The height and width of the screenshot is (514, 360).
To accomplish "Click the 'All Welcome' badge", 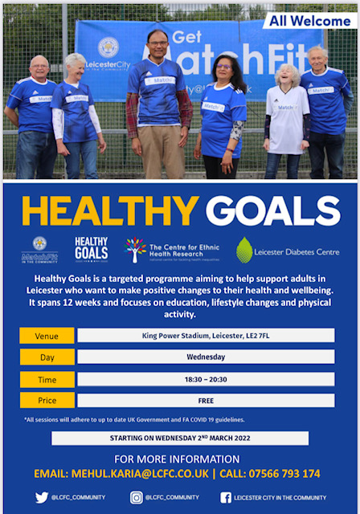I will [309, 21].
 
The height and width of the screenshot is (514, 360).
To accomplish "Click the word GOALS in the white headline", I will [273, 210].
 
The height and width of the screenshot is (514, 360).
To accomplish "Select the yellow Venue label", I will [47, 335].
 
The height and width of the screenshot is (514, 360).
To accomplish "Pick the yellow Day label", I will [47, 357].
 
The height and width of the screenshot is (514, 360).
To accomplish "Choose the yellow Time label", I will [47, 379].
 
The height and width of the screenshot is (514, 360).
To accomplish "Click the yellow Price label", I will [47, 400].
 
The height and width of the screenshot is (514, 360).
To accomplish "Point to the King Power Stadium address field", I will [206, 335].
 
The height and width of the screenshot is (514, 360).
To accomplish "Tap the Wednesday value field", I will [206, 357].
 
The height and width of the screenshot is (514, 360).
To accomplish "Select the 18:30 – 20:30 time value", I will [206, 379].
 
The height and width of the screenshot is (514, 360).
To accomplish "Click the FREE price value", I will [206, 400].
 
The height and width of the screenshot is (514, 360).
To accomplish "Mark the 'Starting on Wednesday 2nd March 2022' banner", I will [180, 438].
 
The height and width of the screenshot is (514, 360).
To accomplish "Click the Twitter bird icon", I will [42, 497].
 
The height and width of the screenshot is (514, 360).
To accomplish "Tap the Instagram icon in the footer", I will [137, 497].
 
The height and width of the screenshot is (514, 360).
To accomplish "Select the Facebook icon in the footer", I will [227, 497].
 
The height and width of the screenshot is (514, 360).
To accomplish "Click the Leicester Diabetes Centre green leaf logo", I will [244, 250].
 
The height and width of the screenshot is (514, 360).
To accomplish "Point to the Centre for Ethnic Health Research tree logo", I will [136, 250].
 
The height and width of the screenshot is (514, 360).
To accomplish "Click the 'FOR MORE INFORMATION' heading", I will [180, 459].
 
